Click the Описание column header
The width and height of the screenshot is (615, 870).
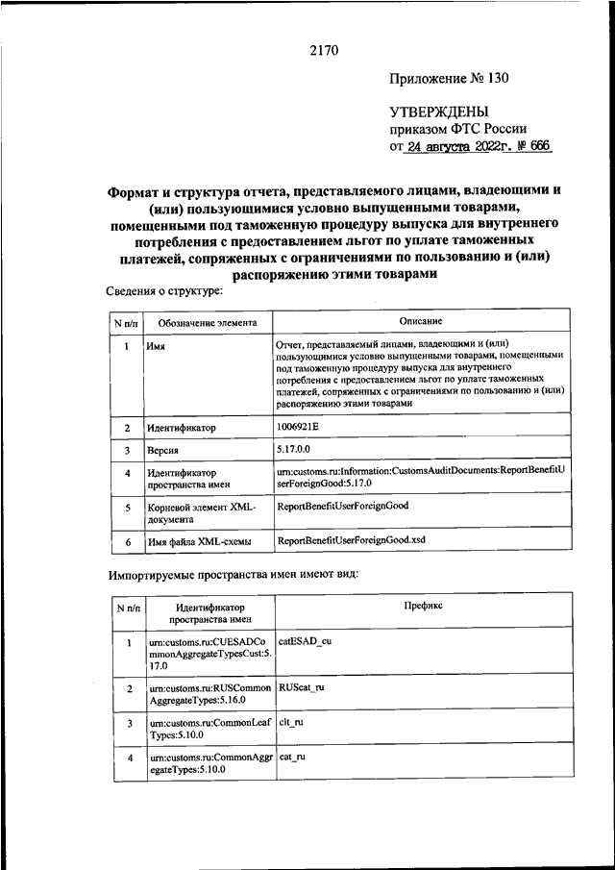(422, 321)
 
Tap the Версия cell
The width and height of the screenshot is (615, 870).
(164, 450)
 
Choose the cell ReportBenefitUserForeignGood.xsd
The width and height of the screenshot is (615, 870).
(351, 540)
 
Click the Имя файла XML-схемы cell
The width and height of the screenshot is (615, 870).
(199, 542)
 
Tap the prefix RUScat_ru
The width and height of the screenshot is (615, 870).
(301, 688)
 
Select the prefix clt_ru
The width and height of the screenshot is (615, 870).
(292, 721)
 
